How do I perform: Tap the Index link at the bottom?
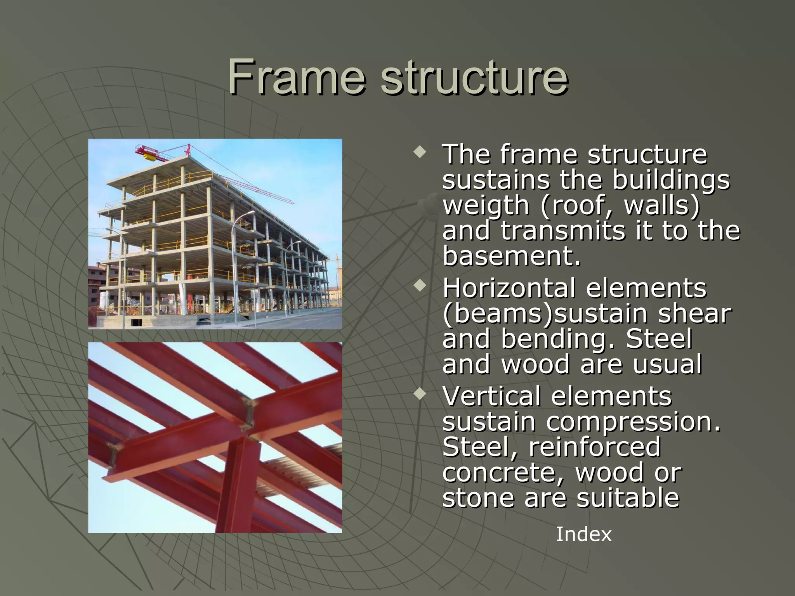tap(583, 534)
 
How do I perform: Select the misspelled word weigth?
tap(486, 205)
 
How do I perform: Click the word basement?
tap(512, 256)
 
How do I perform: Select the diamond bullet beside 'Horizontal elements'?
tap(420, 287)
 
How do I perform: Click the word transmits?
tap(563, 231)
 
